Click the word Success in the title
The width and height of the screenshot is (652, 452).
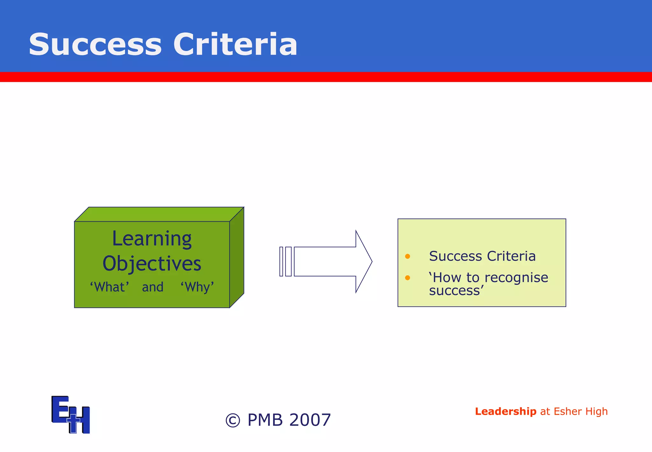(95, 45)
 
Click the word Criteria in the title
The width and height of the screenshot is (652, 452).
(235, 45)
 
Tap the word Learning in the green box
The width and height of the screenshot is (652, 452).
(152, 239)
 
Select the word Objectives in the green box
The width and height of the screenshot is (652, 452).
(152, 264)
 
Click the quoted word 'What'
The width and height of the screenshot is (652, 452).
(109, 287)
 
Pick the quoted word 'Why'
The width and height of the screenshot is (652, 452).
(197, 287)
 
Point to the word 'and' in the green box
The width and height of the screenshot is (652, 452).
(152, 287)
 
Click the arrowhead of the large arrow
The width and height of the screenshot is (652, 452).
(364, 261)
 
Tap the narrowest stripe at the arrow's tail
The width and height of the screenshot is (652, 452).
(281, 261)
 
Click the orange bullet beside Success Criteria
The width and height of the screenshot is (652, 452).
(407, 256)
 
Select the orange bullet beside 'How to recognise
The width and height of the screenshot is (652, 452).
(407, 278)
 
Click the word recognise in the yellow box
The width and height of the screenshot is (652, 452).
(516, 278)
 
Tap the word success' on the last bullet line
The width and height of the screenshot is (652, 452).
(456, 291)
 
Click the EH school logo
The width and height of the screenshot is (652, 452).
(71, 414)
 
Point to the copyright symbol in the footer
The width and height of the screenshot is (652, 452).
(233, 420)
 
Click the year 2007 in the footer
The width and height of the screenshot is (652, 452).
(310, 420)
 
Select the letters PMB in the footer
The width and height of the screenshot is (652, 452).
(265, 420)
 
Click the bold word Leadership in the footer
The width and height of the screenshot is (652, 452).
(506, 412)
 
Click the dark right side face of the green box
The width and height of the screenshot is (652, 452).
(237, 258)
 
